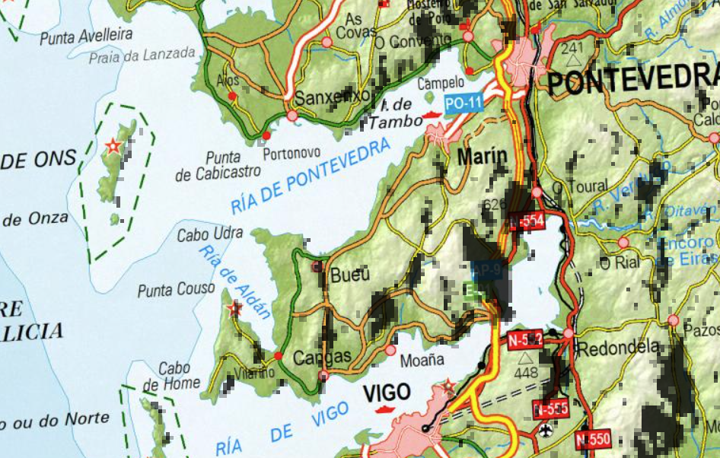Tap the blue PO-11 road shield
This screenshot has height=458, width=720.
pyautogui.click(x=464, y=103)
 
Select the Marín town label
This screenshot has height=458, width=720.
pyautogui.click(x=482, y=157)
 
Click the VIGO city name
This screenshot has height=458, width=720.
pyautogui.click(x=387, y=393)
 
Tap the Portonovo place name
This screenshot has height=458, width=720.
pyautogui.click(x=292, y=153)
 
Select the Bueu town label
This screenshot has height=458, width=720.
pyautogui.click(x=349, y=275)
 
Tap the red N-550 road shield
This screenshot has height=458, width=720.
pyautogui.click(x=593, y=439)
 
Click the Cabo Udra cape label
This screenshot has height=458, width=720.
pyautogui.click(x=210, y=234)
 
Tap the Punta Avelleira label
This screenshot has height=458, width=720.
pyautogui.click(x=86, y=36)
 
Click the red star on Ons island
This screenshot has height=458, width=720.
pyautogui.click(x=113, y=145)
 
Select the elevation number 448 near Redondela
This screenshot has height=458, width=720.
pyautogui.click(x=526, y=373)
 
